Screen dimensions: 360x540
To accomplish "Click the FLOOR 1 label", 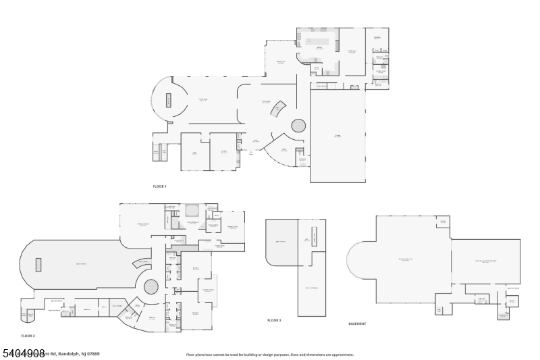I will (x=159, y=186).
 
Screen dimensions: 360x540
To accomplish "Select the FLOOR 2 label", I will (x=28, y=336).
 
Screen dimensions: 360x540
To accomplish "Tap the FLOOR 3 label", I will (x=274, y=320).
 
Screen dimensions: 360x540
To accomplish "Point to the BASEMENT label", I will (x=357, y=324).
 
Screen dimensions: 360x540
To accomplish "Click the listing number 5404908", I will (x=24, y=353).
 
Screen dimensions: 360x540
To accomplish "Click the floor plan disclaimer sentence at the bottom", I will (x=270, y=354).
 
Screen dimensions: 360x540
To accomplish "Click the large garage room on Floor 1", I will (x=337, y=136).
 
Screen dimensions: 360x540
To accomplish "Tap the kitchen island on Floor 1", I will (x=317, y=41).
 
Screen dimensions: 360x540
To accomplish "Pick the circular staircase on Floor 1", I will (x=298, y=125).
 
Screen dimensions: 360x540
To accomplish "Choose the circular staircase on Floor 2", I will (x=151, y=286).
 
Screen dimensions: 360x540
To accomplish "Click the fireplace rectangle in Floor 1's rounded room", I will (x=169, y=101).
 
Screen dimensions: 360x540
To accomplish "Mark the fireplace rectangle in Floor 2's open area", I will (x=38, y=264).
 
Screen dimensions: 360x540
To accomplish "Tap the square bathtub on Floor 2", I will (x=192, y=209).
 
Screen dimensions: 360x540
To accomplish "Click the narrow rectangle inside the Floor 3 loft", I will (x=315, y=235).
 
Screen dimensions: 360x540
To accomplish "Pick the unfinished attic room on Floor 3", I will (x=311, y=287).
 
